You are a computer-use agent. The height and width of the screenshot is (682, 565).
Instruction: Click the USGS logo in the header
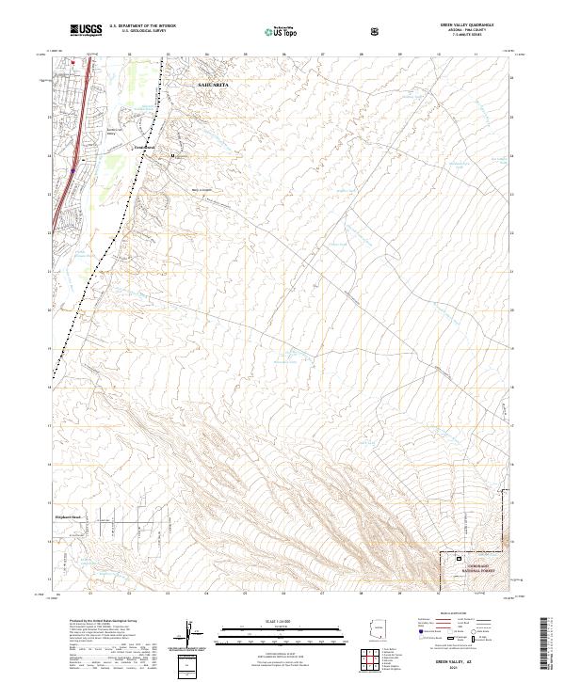coord(86,31)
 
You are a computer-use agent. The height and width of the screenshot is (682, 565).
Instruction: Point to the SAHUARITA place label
coord(213,84)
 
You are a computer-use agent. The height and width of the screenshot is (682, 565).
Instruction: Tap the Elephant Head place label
coord(69,516)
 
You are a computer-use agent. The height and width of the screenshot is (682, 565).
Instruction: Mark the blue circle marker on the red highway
coord(73,170)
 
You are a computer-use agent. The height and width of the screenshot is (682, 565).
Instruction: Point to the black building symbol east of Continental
coord(172,154)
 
